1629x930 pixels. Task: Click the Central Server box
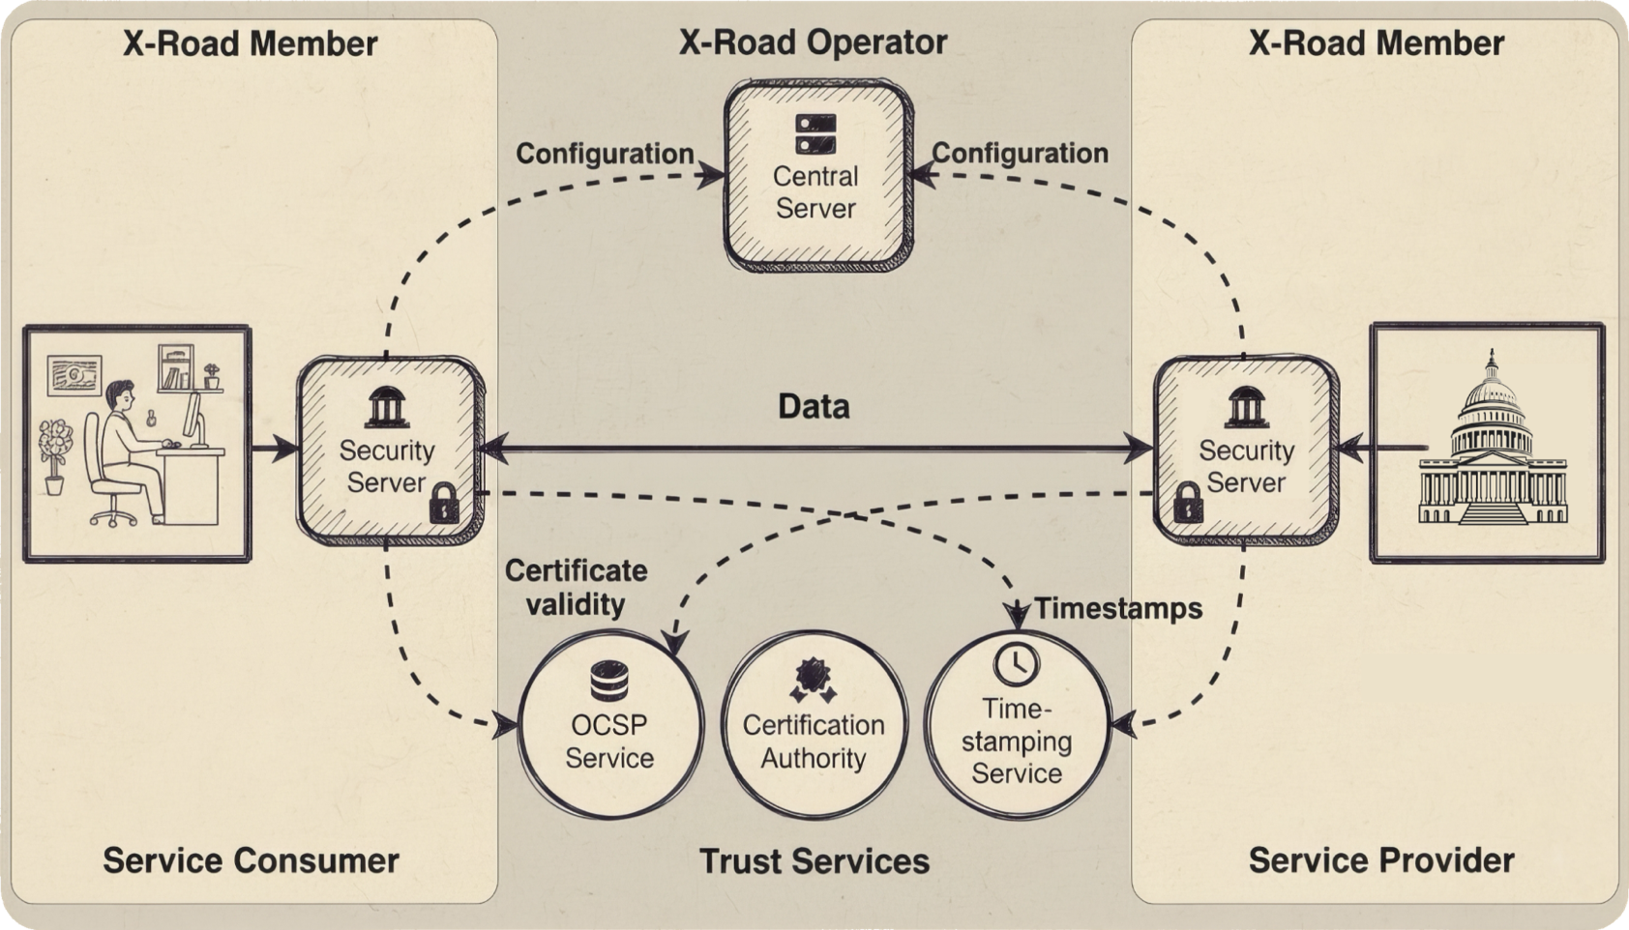pos(817,176)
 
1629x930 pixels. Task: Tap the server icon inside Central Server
pos(815,134)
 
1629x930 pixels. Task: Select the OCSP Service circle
pos(609,725)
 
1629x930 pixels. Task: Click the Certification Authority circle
pos(814,725)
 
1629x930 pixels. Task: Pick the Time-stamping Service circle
pos(1016,725)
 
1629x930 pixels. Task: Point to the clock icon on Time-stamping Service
pos(1016,663)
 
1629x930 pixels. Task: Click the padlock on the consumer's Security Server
pos(442,503)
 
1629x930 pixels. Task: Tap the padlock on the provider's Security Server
pos(1187,503)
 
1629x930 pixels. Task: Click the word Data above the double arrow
pos(814,407)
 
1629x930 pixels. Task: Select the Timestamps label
pos(1118,608)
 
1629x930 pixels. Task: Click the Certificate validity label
pos(576,587)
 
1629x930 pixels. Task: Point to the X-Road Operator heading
pos(813,43)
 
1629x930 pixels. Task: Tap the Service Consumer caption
pos(251,860)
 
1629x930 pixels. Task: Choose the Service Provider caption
pos(1380,860)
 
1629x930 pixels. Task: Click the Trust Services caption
pos(814,861)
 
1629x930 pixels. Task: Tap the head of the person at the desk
pos(120,396)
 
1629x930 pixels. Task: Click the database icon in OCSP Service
pos(609,681)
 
